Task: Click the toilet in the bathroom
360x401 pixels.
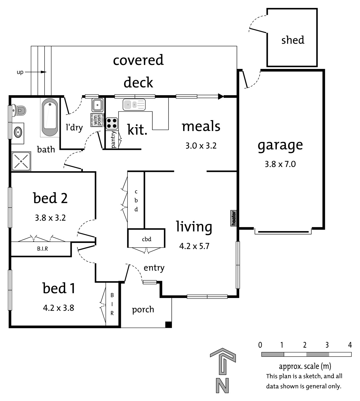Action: pos(19,110)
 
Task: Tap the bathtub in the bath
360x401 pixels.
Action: pos(50,117)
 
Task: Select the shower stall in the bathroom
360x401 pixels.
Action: pos(21,161)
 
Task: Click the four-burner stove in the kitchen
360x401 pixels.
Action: pos(112,123)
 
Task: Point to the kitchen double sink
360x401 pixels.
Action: pos(134,105)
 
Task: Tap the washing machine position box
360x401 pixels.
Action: pos(97,120)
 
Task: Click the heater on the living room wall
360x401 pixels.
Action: pos(233,218)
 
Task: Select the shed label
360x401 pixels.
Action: pos(293,40)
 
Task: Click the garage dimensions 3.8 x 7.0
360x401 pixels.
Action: pos(280,164)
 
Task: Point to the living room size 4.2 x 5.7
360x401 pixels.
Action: pos(194,246)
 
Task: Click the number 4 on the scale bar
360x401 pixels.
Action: pos(350,345)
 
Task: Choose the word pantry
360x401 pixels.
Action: pos(113,140)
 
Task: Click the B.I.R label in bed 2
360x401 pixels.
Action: pos(42,249)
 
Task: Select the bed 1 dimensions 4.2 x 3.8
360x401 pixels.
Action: pos(59,308)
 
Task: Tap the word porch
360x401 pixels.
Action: pos(143,310)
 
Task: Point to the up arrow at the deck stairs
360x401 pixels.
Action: pos(35,72)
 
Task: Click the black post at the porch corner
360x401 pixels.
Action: pos(168,324)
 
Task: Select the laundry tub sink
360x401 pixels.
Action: pos(97,105)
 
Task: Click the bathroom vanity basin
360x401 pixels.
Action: pos(18,132)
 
